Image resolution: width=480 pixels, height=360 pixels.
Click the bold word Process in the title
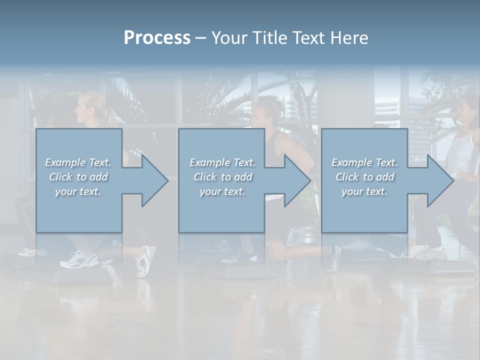point(157,37)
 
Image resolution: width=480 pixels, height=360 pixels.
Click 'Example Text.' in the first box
point(78,162)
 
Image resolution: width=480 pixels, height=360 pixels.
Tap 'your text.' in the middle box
point(222,191)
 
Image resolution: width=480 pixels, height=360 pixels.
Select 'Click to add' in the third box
point(364,177)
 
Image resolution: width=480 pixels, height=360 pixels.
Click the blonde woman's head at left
point(88,106)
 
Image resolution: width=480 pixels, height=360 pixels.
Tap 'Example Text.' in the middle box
point(222,162)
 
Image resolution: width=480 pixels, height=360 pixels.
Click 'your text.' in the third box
point(364,191)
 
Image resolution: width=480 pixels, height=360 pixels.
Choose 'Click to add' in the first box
point(78,177)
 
